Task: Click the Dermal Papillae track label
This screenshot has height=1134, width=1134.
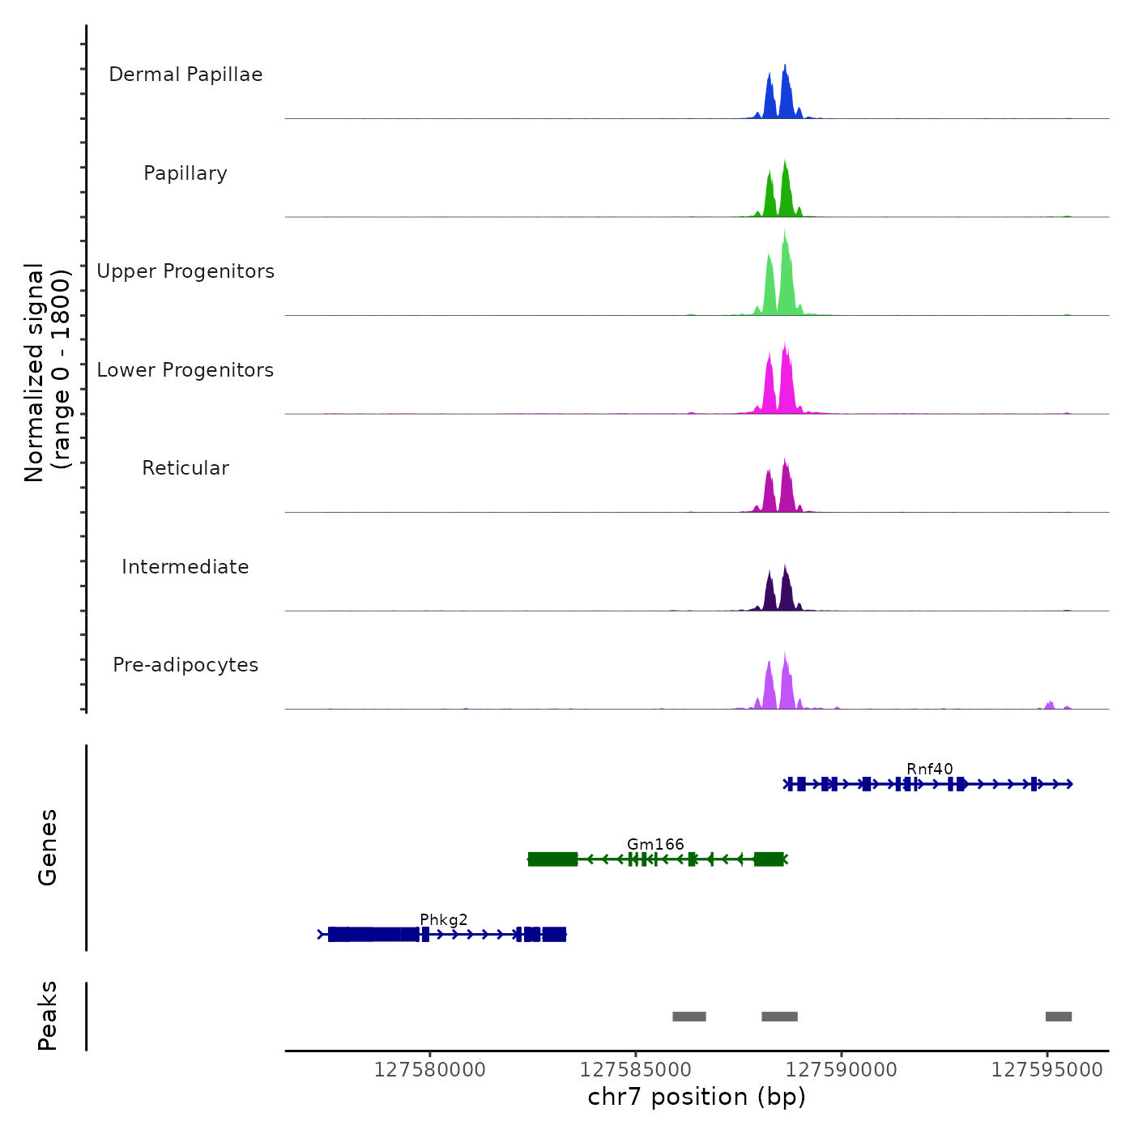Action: (185, 75)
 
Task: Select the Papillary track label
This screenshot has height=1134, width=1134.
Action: (185, 173)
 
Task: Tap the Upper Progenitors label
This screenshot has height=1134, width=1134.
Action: (185, 271)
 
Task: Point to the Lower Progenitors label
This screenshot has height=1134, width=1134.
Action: (185, 370)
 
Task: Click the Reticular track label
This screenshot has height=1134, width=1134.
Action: (185, 468)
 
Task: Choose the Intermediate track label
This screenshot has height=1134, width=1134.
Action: (185, 567)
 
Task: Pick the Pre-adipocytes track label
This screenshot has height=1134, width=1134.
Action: (185, 665)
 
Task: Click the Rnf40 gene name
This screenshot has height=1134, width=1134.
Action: (929, 769)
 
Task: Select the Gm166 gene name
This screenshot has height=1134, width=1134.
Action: (655, 844)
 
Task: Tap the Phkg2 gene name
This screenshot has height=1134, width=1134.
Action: (444, 919)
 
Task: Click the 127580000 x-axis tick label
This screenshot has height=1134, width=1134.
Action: (429, 1070)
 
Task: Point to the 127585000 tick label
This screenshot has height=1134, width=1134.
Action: (636, 1070)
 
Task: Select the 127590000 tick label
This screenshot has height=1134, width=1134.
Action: (842, 1070)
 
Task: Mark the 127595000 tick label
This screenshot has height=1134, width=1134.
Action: (1047, 1070)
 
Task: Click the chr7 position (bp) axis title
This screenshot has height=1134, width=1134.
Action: (697, 1097)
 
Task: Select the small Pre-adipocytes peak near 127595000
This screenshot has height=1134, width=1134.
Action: (1050, 705)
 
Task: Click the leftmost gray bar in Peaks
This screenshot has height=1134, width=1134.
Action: (688, 1017)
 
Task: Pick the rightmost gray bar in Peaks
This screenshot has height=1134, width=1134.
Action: (1059, 1017)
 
